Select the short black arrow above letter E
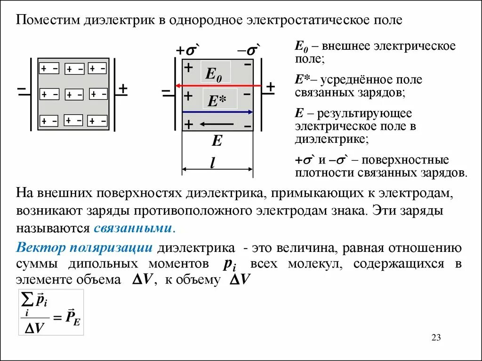tap(216, 124)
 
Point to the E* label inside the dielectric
tap(216, 101)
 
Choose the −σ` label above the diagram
tap(249, 51)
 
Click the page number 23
tap(435, 337)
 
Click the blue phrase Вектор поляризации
tap(84, 248)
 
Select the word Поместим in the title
tap(48, 21)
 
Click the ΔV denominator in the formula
tap(34, 328)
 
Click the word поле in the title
tap(389, 21)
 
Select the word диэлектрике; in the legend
tap(331, 139)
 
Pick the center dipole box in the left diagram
tap(74, 94)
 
